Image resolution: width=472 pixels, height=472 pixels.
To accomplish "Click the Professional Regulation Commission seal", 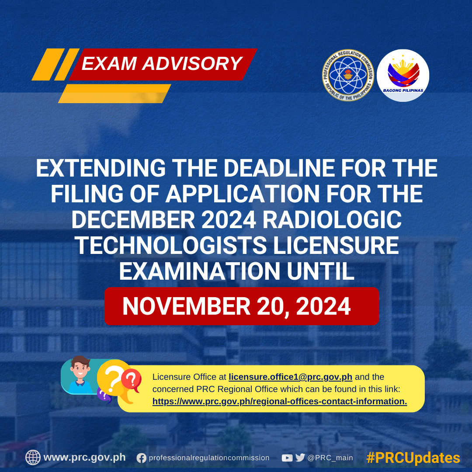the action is point(348,75).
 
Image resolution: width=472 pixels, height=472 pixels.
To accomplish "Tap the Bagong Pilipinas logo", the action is point(403,75).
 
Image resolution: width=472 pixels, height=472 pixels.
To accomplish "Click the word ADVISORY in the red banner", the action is point(192,63).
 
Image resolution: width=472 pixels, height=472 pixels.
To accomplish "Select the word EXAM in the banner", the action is point(109,63).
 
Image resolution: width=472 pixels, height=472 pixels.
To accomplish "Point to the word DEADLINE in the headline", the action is point(279,168).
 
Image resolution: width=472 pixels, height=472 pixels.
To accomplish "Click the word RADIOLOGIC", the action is point(332,220).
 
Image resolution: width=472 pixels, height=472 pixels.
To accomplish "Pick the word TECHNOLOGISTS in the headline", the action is point(171,246).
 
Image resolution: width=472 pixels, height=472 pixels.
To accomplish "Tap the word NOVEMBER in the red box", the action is point(186,306).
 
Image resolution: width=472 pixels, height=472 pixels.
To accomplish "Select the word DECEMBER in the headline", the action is point(133,220).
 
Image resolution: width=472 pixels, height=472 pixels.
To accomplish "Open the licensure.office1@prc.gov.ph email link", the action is point(290,377).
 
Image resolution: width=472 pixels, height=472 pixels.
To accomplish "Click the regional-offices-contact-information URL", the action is point(280,401).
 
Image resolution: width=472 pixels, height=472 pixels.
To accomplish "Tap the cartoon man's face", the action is point(80,369).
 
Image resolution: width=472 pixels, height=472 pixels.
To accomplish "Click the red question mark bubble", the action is point(132,380).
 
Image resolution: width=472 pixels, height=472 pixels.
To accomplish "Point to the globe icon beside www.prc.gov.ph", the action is point(33,458).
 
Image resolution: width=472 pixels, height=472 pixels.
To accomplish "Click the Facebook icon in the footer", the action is point(141,458).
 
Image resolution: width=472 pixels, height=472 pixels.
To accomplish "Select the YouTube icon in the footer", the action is point(287,458).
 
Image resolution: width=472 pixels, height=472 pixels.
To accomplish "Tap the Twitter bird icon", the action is point(300,458).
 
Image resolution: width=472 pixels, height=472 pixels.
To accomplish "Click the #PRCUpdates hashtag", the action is point(413,458).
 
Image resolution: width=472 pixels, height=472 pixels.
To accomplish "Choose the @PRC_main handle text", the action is point(330,458).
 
